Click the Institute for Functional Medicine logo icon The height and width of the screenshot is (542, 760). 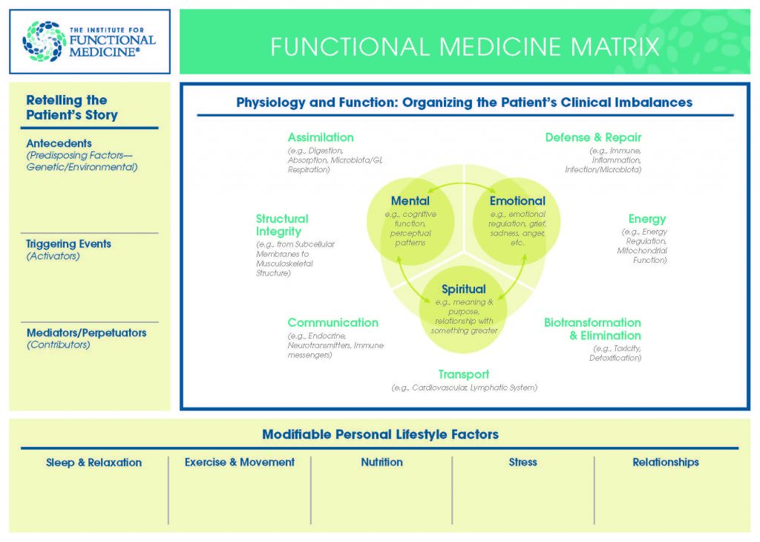45,41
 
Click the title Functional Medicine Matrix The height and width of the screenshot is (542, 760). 465,47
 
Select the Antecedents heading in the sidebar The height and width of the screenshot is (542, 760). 59,143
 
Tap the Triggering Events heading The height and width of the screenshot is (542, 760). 69,244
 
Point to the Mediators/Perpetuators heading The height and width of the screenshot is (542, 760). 86,333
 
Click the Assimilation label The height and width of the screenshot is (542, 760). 321,137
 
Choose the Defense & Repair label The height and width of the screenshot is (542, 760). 593,137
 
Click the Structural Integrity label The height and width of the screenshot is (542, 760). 282,225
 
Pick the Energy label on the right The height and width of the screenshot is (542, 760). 647,219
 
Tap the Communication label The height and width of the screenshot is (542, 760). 332,322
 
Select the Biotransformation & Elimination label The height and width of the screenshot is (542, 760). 592,329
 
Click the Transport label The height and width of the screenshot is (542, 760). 463,374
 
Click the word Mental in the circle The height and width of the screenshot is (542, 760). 410,200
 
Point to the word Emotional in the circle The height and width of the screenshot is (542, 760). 517,200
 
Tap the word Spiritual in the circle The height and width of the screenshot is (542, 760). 464,289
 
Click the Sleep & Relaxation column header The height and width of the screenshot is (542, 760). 94,462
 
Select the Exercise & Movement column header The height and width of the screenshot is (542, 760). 240,462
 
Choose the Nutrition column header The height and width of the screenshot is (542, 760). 381,462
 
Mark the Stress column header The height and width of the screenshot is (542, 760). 522,462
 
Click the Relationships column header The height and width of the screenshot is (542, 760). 666,462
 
